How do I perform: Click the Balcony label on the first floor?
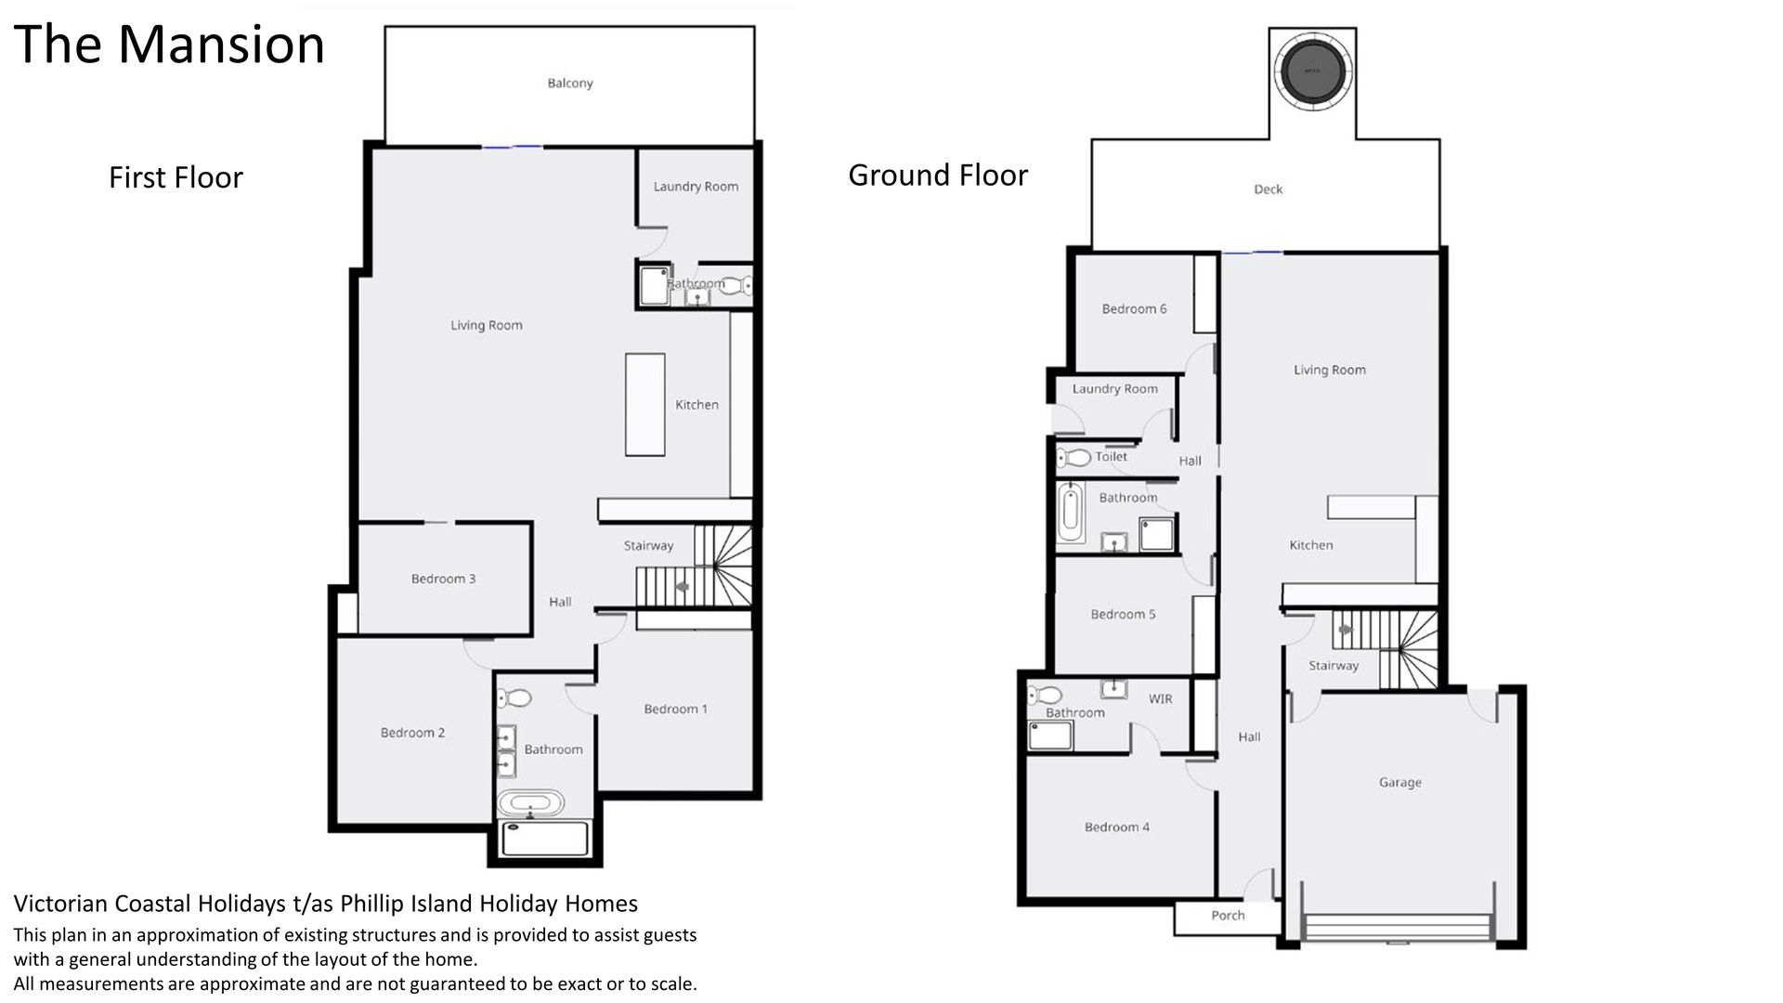point(569,84)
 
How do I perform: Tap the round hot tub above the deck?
point(1312,70)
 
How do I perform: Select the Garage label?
point(1399,783)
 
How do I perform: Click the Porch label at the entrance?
point(1228,916)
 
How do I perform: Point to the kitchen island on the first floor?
point(644,404)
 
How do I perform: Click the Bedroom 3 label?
point(443,580)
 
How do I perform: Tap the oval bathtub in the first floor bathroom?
point(529,803)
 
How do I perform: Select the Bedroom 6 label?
point(1134,309)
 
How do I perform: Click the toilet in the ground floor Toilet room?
point(1074,457)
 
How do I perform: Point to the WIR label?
point(1160,699)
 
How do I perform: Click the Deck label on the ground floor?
point(1268,189)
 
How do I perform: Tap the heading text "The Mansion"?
point(169,45)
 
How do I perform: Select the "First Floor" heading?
point(176,177)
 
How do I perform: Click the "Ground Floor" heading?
point(938,175)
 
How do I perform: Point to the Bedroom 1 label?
point(675,710)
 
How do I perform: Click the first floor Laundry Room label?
point(696,187)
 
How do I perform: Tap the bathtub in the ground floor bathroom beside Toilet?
point(1071,512)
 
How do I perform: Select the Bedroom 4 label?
point(1116,827)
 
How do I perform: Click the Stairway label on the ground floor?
point(1333,666)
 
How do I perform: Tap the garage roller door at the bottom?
point(1397,928)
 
